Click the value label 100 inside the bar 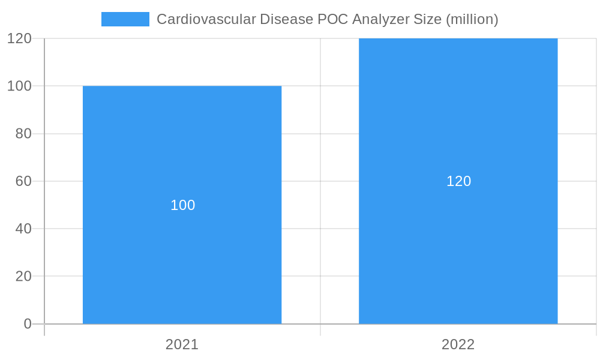click(x=183, y=205)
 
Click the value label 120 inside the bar click(x=459, y=181)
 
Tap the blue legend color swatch click(x=125, y=19)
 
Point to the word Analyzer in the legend click(x=380, y=19)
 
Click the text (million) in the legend click(x=472, y=19)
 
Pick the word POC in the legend click(x=332, y=19)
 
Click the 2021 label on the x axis click(x=182, y=344)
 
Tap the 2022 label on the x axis click(x=458, y=344)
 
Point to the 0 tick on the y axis click(x=28, y=324)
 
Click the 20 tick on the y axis click(x=23, y=276)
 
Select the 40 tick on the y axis click(x=23, y=229)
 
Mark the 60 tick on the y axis click(x=23, y=181)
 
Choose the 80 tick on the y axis click(x=23, y=134)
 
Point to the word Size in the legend click(x=427, y=19)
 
